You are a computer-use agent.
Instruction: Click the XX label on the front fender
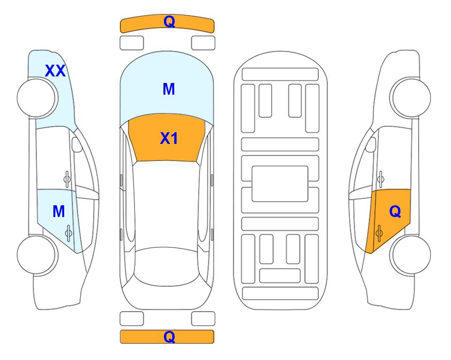pyautogui.click(x=55, y=71)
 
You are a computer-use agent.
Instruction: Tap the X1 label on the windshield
pyautogui.click(x=169, y=138)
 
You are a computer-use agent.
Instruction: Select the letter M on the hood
pyautogui.click(x=169, y=89)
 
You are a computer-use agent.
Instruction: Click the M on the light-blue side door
pyautogui.click(x=59, y=211)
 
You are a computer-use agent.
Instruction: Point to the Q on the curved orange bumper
pyautogui.click(x=169, y=21)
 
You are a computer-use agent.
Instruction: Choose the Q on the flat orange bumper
pyautogui.click(x=169, y=337)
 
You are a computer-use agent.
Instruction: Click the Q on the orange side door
pyautogui.click(x=395, y=211)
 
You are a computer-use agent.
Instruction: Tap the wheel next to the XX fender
pyautogui.click(x=37, y=98)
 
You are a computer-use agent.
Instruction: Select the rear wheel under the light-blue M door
pyautogui.click(x=37, y=255)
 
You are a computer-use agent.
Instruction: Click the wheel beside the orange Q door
pyautogui.click(x=410, y=255)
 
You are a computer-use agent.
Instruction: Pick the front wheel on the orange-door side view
pyautogui.click(x=410, y=97)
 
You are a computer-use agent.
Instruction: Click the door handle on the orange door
pyautogui.click(x=379, y=233)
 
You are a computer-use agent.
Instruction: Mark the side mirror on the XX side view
pyautogui.click(x=76, y=144)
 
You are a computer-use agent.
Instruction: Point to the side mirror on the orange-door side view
pyautogui.click(x=371, y=144)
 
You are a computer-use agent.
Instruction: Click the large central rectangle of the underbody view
pyautogui.click(x=280, y=184)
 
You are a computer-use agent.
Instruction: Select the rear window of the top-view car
pyautogui.click(x=167, y=266)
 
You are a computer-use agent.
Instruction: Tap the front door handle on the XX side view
pyautogui.click(x=67, y=179)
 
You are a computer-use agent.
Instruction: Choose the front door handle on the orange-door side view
pyautogui.click(x=381, y=179)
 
